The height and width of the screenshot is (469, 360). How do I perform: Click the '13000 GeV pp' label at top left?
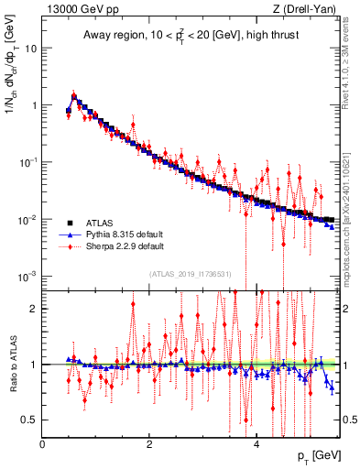coord(82,8)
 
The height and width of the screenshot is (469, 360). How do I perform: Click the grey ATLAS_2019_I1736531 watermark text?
coord(191,274)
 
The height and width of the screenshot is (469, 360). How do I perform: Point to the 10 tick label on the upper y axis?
coord(30,48)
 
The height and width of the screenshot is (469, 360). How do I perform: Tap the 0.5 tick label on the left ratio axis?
coord(29,420)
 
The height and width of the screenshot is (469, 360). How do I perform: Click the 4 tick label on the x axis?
coord(256,442)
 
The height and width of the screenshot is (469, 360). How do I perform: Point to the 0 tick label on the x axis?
coord(42,442)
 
